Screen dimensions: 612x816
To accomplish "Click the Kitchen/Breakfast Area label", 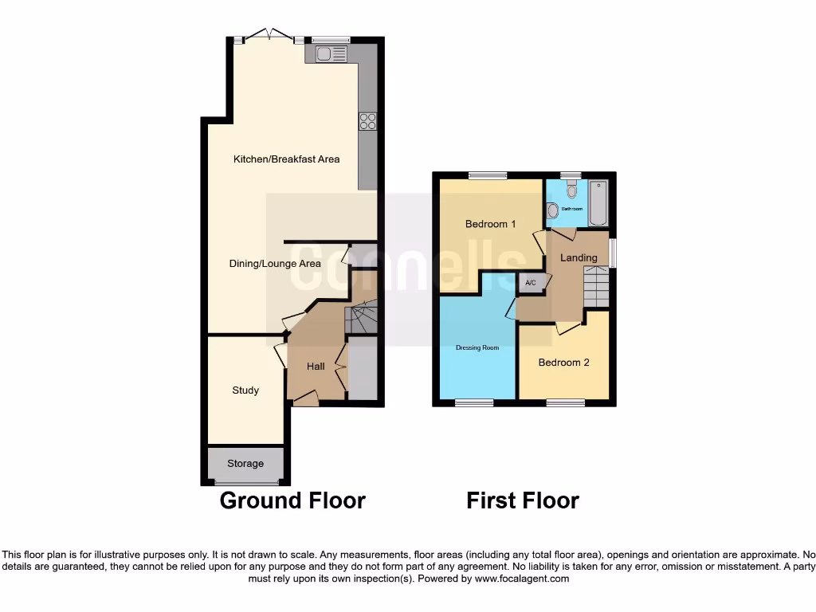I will coord(286,159).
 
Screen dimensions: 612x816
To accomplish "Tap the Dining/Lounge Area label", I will coord(275,264).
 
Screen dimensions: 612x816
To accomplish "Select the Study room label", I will coord(245,390).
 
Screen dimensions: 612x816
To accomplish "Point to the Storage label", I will coord(245,464).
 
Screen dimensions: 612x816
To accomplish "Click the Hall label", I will coord(316,367).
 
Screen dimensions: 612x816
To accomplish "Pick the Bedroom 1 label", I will coord(486,224).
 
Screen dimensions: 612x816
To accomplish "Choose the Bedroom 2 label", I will coord(563,363).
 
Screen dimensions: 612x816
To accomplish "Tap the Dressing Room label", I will coord(477,347).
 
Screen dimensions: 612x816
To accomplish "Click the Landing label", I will coord(579,257).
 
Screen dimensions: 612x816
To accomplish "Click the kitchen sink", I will coord(330,54).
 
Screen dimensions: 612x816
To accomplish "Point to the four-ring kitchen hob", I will coord(367,121).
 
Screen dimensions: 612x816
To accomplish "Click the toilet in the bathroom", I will coord(571,189).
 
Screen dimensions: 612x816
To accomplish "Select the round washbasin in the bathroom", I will coord(553,210).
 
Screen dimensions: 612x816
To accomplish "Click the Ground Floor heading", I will coord(292,500).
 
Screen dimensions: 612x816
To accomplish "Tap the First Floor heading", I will coord(522,500).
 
